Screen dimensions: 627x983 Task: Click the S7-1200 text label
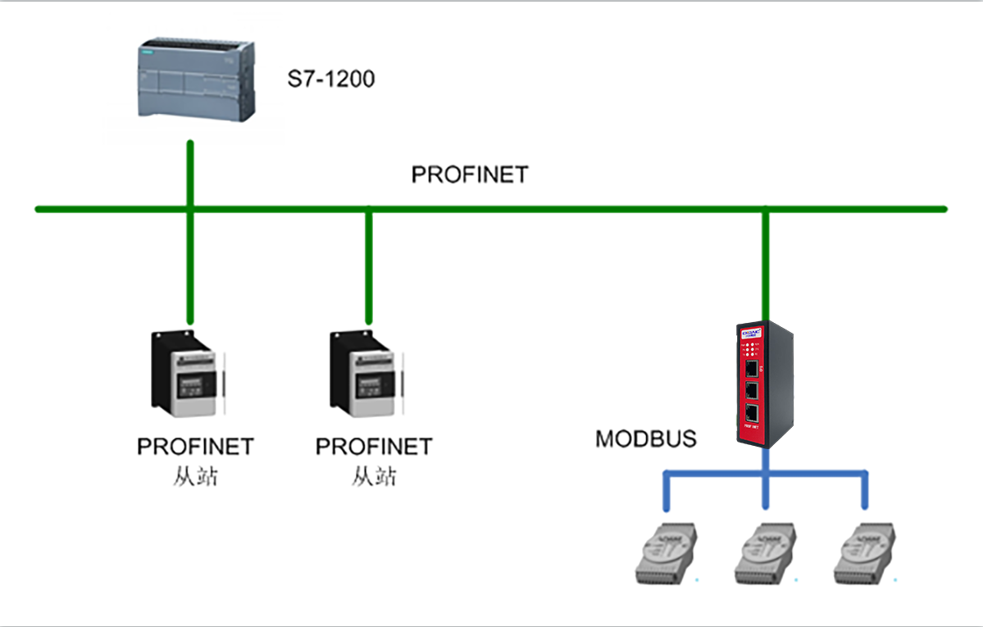click(x=330, y=80)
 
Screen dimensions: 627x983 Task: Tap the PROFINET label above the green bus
click(x=470, y=175)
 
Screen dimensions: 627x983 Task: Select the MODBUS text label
click(x=646, y=438)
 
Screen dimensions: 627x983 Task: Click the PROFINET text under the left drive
click(x=195, y=447)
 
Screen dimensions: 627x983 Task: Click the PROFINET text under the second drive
click(x=374, y=447)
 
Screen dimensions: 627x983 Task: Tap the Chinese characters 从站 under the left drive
click(x=195, y=476)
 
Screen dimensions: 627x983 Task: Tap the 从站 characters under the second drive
click(x=374, y=476)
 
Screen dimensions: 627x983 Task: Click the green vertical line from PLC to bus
click(x=189, y=172)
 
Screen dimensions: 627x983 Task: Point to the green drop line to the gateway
click(x=765, y=262)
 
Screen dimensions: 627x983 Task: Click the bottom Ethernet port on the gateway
click(x=752, y=411)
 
